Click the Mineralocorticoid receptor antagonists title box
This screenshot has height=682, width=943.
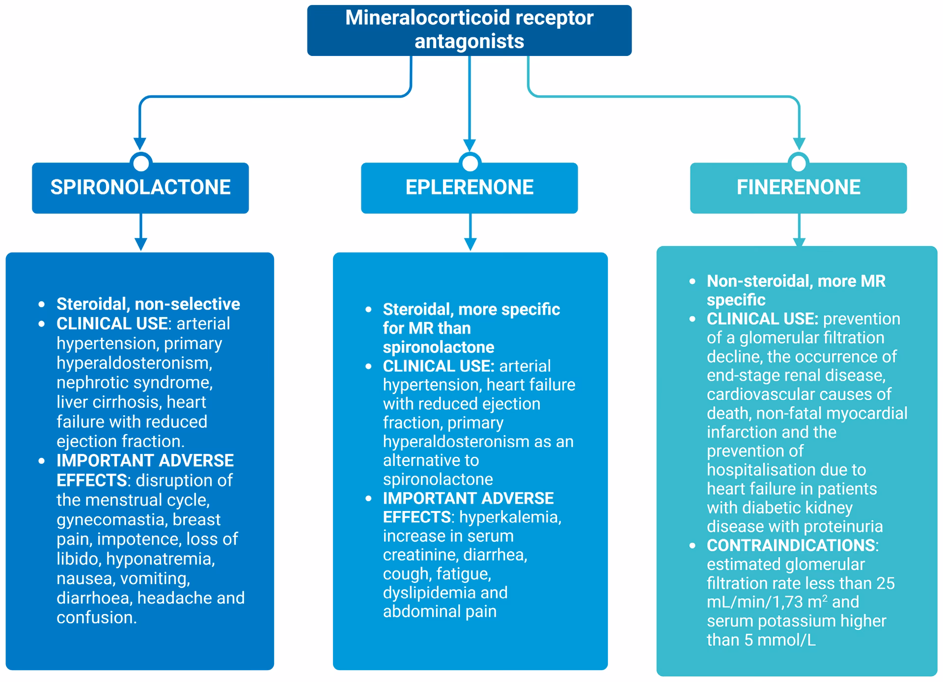click(469, 30)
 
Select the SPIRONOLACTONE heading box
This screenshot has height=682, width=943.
click(140, 188)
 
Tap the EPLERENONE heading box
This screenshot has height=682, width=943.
click(469, 188)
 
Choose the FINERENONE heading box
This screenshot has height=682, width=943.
click(798, 188)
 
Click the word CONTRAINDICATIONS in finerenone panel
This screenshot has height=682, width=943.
click(791, 545)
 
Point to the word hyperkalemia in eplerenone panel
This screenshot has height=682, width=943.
click(509, 517)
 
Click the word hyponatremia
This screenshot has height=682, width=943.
click(160, 559)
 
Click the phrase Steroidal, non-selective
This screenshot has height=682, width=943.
click(148, 304)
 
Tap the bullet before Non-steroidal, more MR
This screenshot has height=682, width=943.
click(693, 282)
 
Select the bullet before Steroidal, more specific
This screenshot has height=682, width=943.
click(369, 310)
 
